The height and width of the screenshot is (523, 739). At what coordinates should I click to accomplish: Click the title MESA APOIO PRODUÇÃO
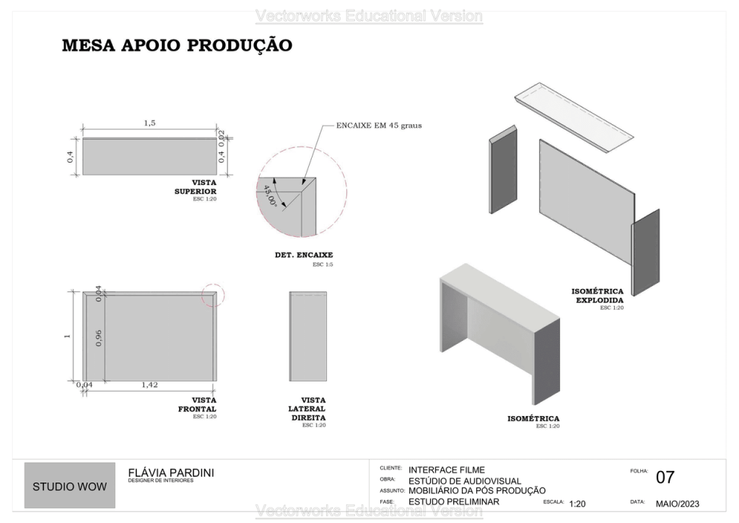click(177, 46)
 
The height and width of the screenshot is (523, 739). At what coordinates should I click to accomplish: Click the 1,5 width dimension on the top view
click(149, 123)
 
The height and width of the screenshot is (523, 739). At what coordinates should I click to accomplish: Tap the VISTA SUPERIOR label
click(195, 187)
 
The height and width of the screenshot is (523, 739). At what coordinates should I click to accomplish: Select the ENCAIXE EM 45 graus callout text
click(378, 125)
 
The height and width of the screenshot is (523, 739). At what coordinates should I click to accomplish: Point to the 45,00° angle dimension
click(268, 195)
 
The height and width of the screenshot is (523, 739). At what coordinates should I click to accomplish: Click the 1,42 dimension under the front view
click(149, 385)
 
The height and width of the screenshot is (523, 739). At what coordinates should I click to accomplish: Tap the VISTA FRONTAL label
click(197, 405)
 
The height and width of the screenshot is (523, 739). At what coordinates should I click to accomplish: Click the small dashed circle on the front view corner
click(213, 295)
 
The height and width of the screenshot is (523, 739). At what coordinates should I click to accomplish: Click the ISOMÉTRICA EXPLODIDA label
click(599, 295)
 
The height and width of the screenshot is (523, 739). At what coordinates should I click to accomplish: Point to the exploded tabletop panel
click(574, 118)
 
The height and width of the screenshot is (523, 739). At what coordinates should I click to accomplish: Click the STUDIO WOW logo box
click(69, 485)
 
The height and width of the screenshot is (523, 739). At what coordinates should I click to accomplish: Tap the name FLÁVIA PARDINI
click(170, 472)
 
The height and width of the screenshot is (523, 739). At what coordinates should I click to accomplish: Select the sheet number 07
click(665, 477)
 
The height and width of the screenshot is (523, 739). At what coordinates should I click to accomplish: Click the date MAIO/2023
click(677, 503)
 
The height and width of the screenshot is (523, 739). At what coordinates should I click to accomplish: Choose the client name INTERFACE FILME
click(447, 470)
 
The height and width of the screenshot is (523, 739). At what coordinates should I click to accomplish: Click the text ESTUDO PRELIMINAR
click(449, 501)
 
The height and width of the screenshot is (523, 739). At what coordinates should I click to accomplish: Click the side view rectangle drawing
click(308, 336)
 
